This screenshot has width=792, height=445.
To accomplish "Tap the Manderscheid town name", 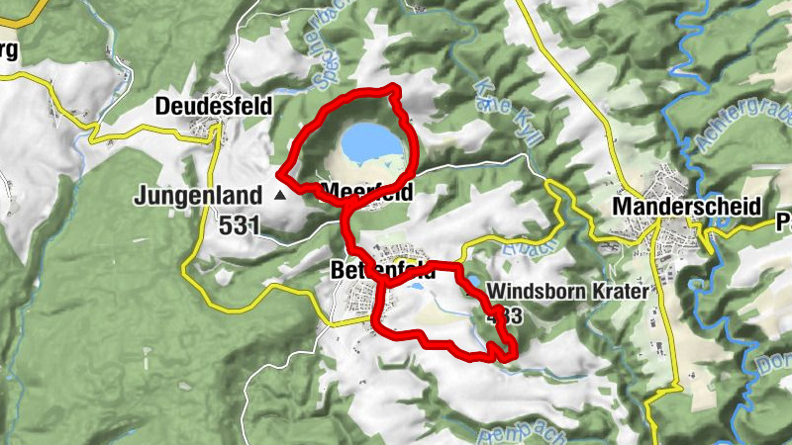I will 686,207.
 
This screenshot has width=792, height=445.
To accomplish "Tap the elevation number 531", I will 241,225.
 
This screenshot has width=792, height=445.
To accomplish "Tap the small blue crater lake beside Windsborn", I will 474,283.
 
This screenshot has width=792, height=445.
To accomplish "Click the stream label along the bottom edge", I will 507,432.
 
